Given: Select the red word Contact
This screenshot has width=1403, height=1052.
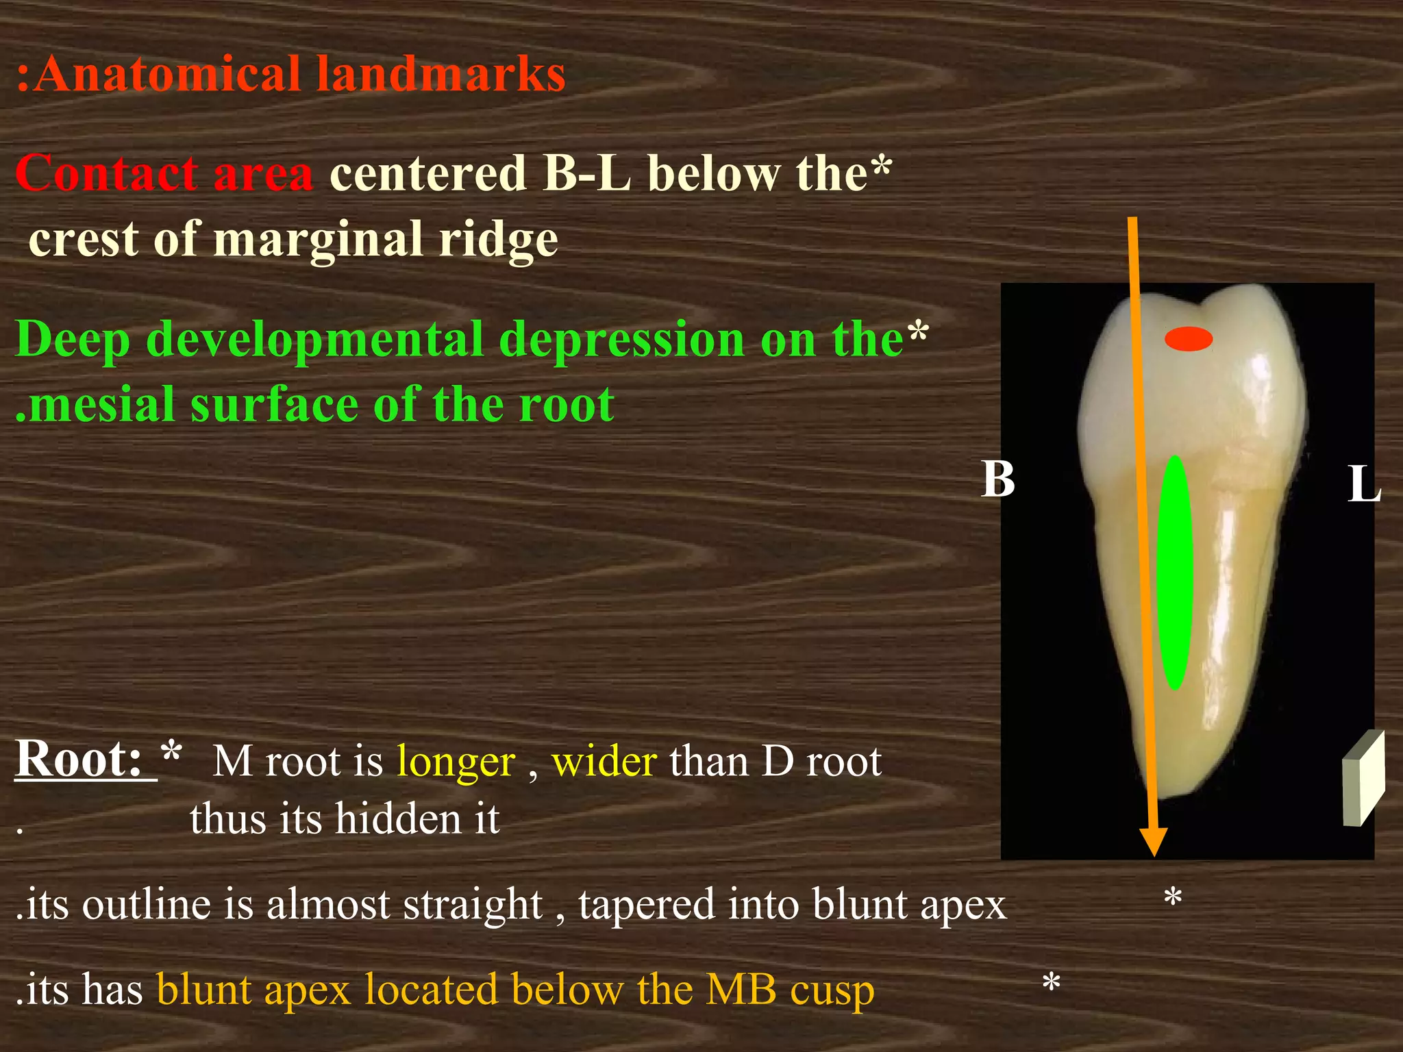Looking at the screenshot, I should [107, 173].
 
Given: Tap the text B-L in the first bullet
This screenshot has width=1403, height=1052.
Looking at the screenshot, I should [586, 173].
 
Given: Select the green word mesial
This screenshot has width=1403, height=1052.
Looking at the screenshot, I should [103, 404].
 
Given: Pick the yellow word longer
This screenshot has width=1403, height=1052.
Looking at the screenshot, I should [456, 762].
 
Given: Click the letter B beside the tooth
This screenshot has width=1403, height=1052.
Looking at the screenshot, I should [997, 479].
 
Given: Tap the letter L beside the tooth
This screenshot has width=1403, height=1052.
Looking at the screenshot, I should [1363, 485].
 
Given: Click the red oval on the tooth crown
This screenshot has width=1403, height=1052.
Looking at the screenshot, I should [1189, 339].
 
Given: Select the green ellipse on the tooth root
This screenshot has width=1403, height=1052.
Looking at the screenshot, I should [1174, 572].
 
